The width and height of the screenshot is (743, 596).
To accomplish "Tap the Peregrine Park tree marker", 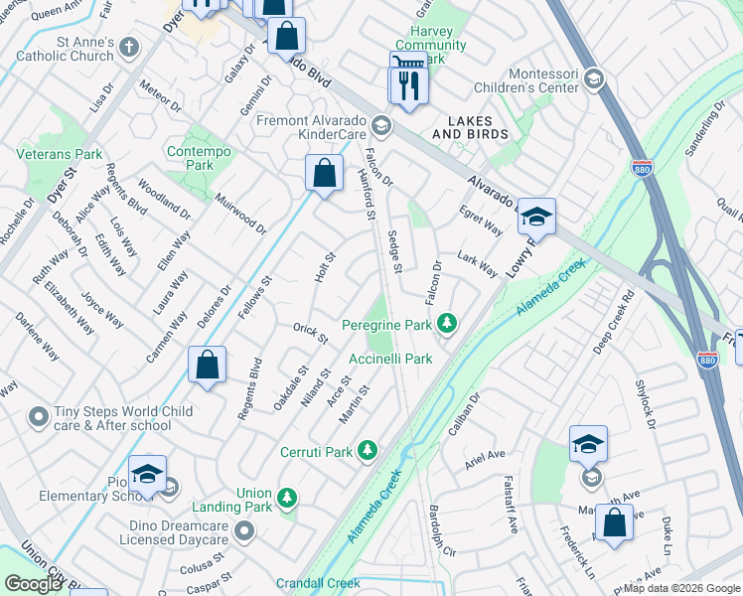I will [x=447, y=324].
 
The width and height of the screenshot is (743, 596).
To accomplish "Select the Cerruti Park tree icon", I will [x=368, y=452].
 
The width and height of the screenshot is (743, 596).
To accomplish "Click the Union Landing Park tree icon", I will [x=287, y=497].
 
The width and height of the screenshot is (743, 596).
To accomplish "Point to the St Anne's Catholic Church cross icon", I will [x=128, y=46].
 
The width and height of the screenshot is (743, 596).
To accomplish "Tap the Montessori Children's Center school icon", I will [x=593, y=79].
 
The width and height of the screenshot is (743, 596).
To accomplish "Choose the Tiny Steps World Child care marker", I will [x=39, y=415].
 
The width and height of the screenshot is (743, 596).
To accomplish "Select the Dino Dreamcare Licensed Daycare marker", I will [x=244, y=534].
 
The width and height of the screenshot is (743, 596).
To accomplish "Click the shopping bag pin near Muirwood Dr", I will [x=324, y=173].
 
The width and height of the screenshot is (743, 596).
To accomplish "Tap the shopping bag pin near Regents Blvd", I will [x=208, y=365].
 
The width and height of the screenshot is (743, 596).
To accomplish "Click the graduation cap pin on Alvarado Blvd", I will [x=535, y=216].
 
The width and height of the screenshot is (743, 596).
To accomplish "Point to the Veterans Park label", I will [x=60, y=155].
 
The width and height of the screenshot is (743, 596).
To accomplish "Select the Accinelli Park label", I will [x=390, y=359].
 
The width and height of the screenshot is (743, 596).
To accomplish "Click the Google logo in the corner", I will [x=33, y=584].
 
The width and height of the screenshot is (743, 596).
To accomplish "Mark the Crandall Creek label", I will [x=317, y=584].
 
